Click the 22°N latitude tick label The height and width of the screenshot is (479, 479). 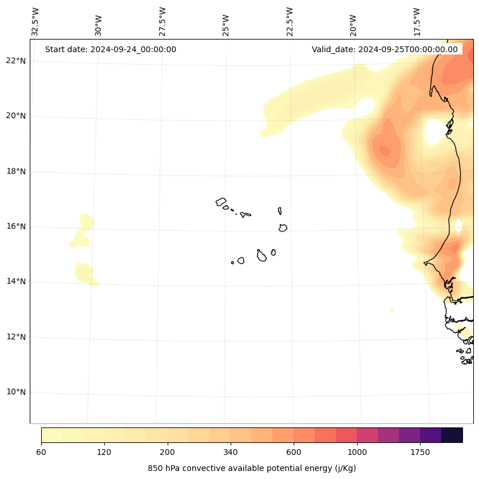pos(16,61)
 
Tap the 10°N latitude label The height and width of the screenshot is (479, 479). pos(16,392)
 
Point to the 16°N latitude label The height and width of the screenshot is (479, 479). pos(16,226)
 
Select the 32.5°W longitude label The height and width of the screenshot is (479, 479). pos(35,22)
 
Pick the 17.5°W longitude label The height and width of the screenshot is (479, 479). pos(417,22)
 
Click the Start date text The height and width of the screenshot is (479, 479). pos(110,49)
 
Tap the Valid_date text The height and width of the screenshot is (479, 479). pos(385,49)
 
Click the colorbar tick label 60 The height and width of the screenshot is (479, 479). pos(41,452)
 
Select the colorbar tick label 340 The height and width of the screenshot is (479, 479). pos(231,452)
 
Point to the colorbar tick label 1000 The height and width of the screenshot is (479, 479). pos(357,452)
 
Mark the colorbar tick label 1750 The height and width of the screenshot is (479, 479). pos(420,452)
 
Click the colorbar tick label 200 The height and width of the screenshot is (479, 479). pos(167,452)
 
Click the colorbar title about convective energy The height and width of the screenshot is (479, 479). pos(252,468)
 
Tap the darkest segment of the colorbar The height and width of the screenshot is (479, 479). pos(452,435)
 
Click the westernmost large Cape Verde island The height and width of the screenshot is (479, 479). pos(221,202)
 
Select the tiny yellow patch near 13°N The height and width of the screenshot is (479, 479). pos(391,311)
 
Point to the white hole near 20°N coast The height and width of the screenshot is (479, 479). pos(435,132)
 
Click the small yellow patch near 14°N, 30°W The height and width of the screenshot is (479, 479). pos(85,273)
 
